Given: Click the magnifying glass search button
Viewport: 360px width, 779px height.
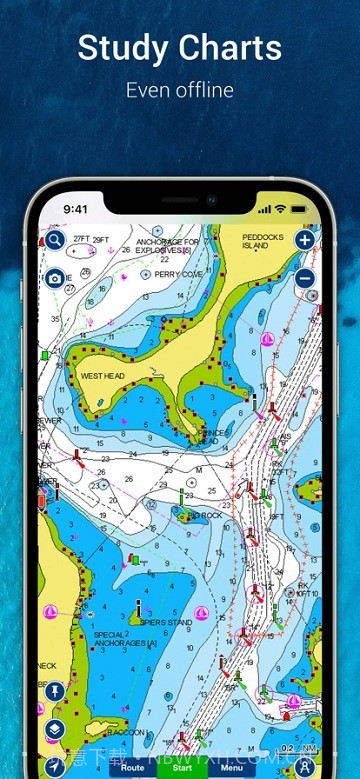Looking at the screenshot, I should coord(54,240).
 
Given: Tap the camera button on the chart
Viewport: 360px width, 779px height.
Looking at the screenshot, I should coord(54,278).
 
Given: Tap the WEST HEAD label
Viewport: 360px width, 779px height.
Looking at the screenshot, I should coord(100,376).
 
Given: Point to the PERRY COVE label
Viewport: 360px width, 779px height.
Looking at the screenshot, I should coord(178,273).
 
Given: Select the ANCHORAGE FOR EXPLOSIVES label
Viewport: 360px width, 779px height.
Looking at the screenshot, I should coord(168,245).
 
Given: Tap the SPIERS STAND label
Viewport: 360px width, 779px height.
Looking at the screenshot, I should coord(165,622).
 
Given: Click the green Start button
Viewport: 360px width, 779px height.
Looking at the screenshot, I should coord(182,767).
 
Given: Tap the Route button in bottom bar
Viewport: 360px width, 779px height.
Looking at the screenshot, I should coord(131,767).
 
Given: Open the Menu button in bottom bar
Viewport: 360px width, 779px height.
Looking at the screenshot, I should coord(231,767).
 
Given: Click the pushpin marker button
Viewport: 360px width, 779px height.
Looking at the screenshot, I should coord(54,691).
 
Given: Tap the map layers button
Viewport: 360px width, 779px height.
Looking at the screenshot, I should coord(54,729).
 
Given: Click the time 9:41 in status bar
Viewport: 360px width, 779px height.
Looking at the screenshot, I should coord(76,210).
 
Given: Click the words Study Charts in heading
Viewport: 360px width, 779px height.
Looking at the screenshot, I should coord(180,47).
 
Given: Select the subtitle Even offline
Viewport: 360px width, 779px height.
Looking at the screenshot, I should coord(180,90).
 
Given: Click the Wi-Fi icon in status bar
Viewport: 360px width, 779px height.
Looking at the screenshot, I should coord(281,209).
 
